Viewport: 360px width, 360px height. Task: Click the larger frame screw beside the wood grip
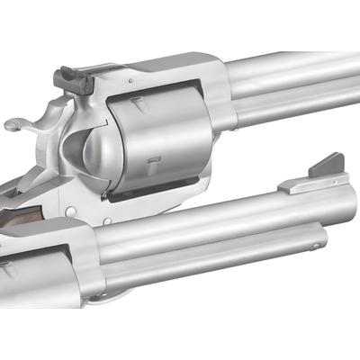pyautogui.click(x=70, y=212)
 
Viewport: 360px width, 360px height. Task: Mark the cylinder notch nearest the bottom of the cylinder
pyautogui.click(x=154, y=164)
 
